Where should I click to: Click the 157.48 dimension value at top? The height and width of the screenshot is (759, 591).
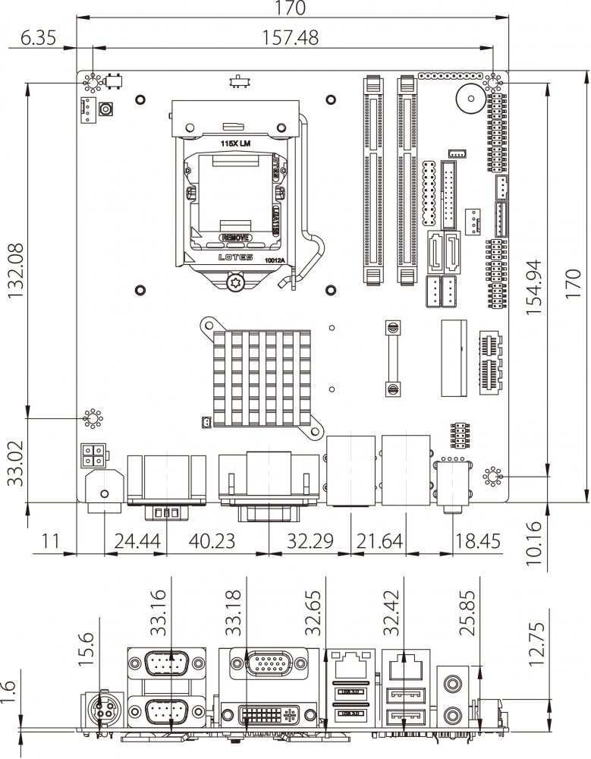[290, 37]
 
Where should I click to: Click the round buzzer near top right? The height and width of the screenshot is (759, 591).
[468, 98]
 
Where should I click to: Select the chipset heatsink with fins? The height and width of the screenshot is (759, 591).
[260, 374]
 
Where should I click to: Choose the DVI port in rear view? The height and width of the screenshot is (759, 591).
[266, 714]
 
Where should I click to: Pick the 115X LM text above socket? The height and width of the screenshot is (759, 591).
[235, 143]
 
